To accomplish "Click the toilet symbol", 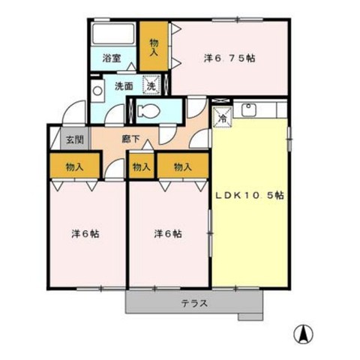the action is tap(148, 110).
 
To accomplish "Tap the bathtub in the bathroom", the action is tap(114, 34).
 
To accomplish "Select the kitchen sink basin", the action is tap(249, 109).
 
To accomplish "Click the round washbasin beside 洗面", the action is tap(97, 91).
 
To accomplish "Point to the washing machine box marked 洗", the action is tap(151, 85).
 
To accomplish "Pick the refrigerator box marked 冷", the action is tap(222, 117).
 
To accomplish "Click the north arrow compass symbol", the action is tap(304, 334).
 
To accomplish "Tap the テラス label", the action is tap(194, 304).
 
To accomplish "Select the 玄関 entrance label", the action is tap(75, 139).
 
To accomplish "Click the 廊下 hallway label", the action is tap(130, 139).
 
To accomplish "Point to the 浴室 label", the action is tap(112, 58).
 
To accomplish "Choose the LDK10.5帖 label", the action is tap(250, 195).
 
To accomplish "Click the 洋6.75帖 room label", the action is tap(229, 58).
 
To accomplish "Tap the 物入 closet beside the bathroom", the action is tap(154, 46).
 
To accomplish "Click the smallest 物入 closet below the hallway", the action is tap(142, 166).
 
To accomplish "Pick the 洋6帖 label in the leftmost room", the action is tap(85, 234).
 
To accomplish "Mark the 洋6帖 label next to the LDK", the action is tap(168, 234).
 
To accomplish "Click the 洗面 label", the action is tap(124, 86).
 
